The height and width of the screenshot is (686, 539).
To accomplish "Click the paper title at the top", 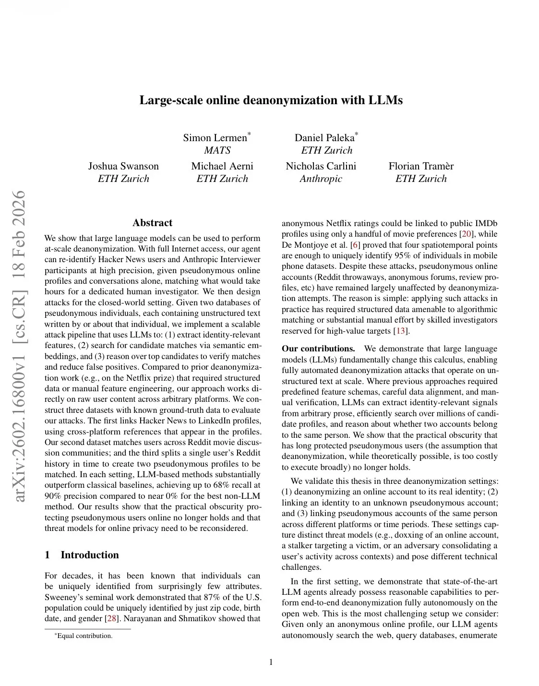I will click(x=271, y=100).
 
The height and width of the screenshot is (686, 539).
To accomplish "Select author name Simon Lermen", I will click(x=215, y=138).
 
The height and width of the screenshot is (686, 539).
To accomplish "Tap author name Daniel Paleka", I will click(x=324, y=138).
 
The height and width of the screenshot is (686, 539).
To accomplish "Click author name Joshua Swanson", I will click(x=123, y=166).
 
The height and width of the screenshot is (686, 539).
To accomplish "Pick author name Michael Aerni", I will click(x=222, y=166).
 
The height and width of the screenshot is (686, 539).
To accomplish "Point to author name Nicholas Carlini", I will click(x=321, y=166).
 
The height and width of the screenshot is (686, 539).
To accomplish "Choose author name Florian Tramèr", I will click(x=421, y=166).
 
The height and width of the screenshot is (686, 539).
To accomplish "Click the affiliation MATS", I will click(x=217, y=150).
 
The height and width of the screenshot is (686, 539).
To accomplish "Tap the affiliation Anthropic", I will click(x=321, y=179).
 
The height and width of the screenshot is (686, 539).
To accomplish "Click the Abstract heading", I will click(x=152, y=223).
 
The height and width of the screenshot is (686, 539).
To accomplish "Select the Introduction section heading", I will click(x=89, y=555).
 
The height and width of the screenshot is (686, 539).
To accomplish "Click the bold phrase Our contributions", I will click(x=318, y=349).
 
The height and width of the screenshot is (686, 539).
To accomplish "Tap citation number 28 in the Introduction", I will click(x=112, y=618).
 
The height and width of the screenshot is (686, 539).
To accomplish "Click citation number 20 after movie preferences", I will click(x=466, y=234).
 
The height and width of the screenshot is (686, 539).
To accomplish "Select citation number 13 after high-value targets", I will click(x=400, y=331).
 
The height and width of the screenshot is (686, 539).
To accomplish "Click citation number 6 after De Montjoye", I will click(x=355, y=245).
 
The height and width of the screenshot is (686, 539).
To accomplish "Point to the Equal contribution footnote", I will click(x=84, y=636).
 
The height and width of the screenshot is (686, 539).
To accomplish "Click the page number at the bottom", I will click(x=271, y=662).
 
